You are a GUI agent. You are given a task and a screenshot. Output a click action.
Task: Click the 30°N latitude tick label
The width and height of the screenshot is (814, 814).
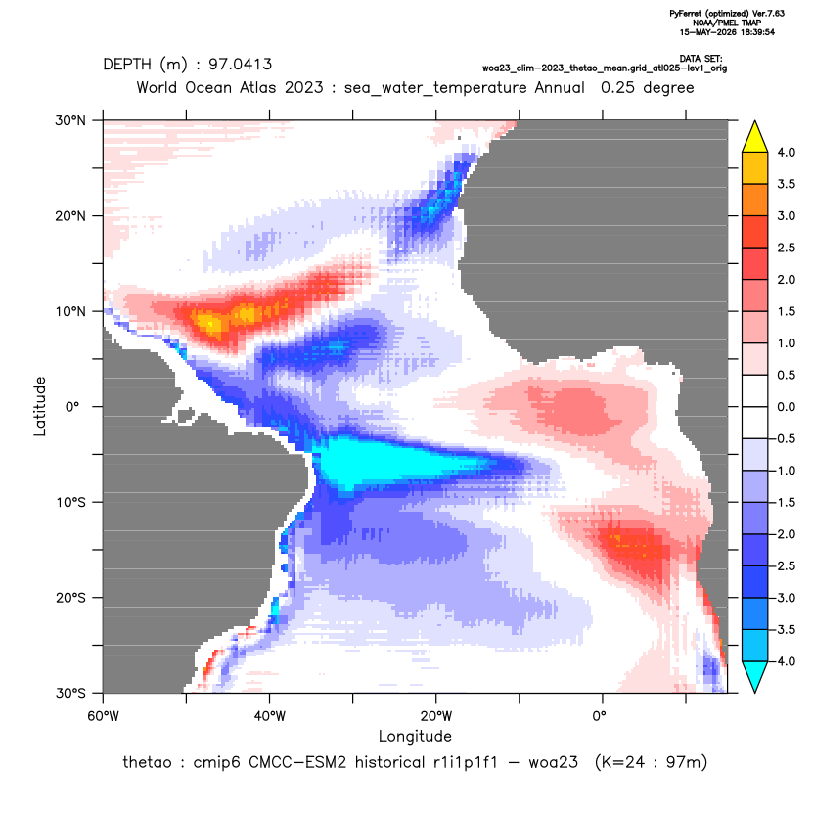click(x=70, y=120)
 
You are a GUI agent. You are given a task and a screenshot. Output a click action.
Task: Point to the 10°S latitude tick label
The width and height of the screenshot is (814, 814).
click(x=70, y=503)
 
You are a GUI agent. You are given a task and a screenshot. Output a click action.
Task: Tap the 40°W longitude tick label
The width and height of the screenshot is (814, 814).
click(x=269, y=716)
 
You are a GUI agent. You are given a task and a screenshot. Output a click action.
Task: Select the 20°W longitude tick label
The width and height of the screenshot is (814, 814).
click(x=436, y=716)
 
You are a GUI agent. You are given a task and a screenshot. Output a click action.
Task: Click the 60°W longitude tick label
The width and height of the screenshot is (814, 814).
click(x=104, y=716)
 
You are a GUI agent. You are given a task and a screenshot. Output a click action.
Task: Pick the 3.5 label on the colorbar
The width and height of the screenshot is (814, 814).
click(x=786, y=184)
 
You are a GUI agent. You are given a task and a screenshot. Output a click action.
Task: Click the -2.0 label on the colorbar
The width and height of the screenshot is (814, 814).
click(x=784, y=534)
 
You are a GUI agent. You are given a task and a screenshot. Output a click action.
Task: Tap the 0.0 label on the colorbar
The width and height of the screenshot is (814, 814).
click(x=786, y=407)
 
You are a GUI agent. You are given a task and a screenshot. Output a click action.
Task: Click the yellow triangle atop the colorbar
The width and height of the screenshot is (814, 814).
click(x=755, y=138)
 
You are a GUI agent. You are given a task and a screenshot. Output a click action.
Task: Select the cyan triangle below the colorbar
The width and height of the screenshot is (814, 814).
click(x=755, y=675)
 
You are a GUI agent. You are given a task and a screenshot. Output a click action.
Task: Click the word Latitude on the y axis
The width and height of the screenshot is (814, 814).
click(x=40, y=406)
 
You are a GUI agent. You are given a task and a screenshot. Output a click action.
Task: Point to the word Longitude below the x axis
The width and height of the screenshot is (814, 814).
click(x=415, y=736)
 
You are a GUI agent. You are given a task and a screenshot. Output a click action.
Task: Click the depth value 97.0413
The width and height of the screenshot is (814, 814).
click(x=241, y=65)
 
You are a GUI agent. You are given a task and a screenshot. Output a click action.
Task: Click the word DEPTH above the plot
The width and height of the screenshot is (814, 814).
click(x=127, y=65)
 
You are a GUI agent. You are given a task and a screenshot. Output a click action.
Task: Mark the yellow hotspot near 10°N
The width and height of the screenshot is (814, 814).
click(x=210, y=325)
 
